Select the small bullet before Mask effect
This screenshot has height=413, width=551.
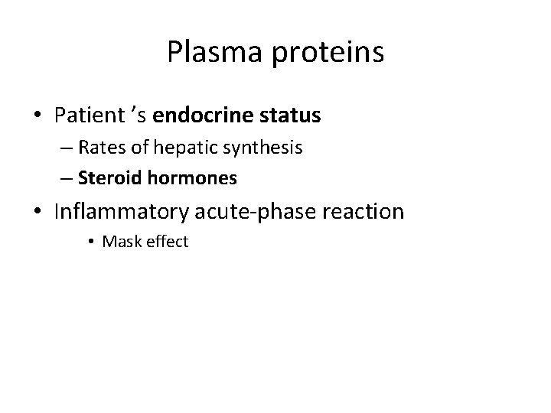click(x=90, y=243)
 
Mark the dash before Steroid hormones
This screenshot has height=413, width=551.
click(x=67, y=179)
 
